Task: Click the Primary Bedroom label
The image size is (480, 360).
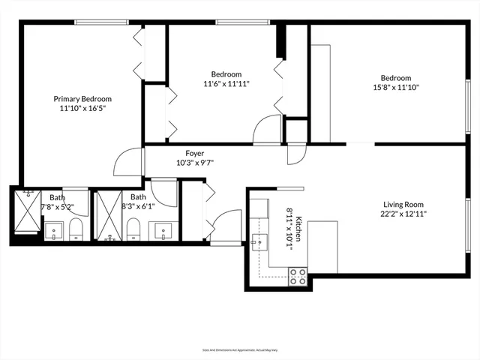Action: click(82, 98)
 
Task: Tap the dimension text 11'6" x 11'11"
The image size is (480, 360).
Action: click(226, 84)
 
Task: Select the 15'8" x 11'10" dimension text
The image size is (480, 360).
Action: click(395, 88)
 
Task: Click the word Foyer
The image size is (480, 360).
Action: click(195, 153)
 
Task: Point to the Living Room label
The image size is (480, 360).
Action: click(404, 203)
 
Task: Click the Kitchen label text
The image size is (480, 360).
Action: click(298, 225)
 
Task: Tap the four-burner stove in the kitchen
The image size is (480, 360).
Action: click(298, 276)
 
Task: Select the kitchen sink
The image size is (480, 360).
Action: click(260, 241)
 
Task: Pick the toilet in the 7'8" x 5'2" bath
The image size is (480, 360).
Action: click(76, 228)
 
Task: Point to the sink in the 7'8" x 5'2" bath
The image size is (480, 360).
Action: click(54, 231)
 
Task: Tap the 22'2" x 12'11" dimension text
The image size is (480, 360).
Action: click(404, 213)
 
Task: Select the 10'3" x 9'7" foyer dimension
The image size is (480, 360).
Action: click(195, 163)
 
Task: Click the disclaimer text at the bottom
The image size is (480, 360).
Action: click(240, 349)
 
